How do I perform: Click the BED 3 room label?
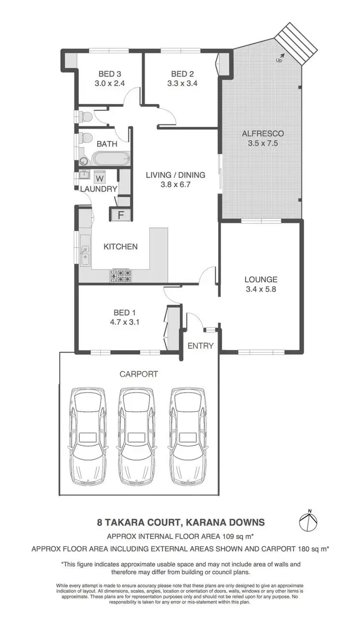[109, 74]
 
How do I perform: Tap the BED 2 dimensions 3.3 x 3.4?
[182, 83]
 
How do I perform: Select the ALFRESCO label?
[262, 133]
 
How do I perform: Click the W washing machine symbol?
[100, 178]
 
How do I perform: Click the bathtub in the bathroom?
[111, 158]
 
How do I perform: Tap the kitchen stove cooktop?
[122, 275]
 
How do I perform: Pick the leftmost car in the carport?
[88, 437]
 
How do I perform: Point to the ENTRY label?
[200, 345]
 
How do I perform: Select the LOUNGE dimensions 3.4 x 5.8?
[260, 289]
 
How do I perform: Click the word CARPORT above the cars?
[139, 373]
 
